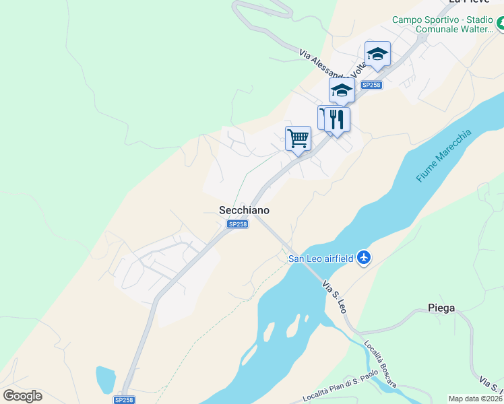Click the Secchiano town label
244,210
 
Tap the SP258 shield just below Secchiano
237,224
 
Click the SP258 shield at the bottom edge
123,399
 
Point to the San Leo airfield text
321,258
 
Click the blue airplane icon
365,257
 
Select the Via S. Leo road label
334,296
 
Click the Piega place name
441,308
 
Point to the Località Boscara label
380,364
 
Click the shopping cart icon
298,139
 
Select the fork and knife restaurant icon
337,119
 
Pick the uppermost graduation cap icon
377,55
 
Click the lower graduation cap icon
342,90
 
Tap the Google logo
22,395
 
